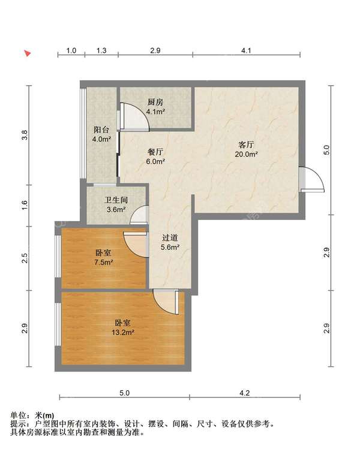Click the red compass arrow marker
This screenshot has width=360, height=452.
pyautogui.click(x=28, y=53)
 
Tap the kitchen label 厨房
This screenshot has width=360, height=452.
pyautogui.click(x=155, y=102)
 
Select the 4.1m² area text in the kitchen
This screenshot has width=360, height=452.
pyautogui.click(x=155, y=112)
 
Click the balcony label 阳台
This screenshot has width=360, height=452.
pyautogui.click(x=101, y=129)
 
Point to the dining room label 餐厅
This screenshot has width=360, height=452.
pyautogui.click(x=155, y=152)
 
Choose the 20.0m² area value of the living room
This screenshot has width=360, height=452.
pyautogui.click(x=246, y=154)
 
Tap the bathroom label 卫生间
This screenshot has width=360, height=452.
pyautogui.click(x=116, y=200)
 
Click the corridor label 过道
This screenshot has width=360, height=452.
pyautogui.click(x=170, y=237)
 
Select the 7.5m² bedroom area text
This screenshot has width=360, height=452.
pyautogui.click(x=103, y=263)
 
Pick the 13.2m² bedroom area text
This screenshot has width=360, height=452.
pyautogui.click(x=123, y=333)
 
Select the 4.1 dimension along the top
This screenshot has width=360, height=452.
pyautogui.click(x=246, y=51)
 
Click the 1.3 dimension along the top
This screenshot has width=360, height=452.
pyautogui.click(x=101, y=51)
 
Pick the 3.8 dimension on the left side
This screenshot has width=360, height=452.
pyautogui.click(x=25, y=135)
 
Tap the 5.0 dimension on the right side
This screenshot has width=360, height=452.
pyautogui.click(x=326, y=150)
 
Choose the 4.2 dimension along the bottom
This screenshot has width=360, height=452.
pyautogui.click(x=245, y=393)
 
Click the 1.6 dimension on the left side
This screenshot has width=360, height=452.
pyautogui.click(x=25, y=205)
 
